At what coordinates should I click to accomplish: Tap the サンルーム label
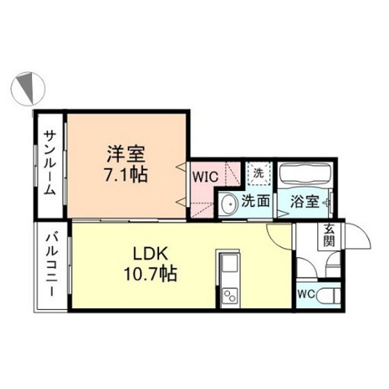coord(51,163)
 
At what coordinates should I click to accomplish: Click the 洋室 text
coord(126,151)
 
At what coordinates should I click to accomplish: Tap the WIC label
coord(206,176)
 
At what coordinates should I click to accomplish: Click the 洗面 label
coord(255,202)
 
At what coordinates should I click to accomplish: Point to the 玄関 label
coord(326,237)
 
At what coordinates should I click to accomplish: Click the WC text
coord(305,295)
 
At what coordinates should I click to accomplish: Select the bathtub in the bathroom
coord(305,174)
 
